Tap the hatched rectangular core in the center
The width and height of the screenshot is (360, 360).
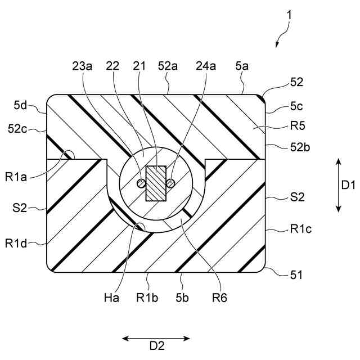point(156,183)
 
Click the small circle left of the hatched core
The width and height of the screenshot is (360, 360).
point(141,183)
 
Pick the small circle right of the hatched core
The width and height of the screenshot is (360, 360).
point(171,183)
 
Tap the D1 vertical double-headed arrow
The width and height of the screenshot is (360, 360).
point(338,185)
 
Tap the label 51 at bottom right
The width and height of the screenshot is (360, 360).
point(295,276)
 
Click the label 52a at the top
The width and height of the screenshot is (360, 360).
point(168,66)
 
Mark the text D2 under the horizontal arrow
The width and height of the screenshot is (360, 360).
point(156,348)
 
